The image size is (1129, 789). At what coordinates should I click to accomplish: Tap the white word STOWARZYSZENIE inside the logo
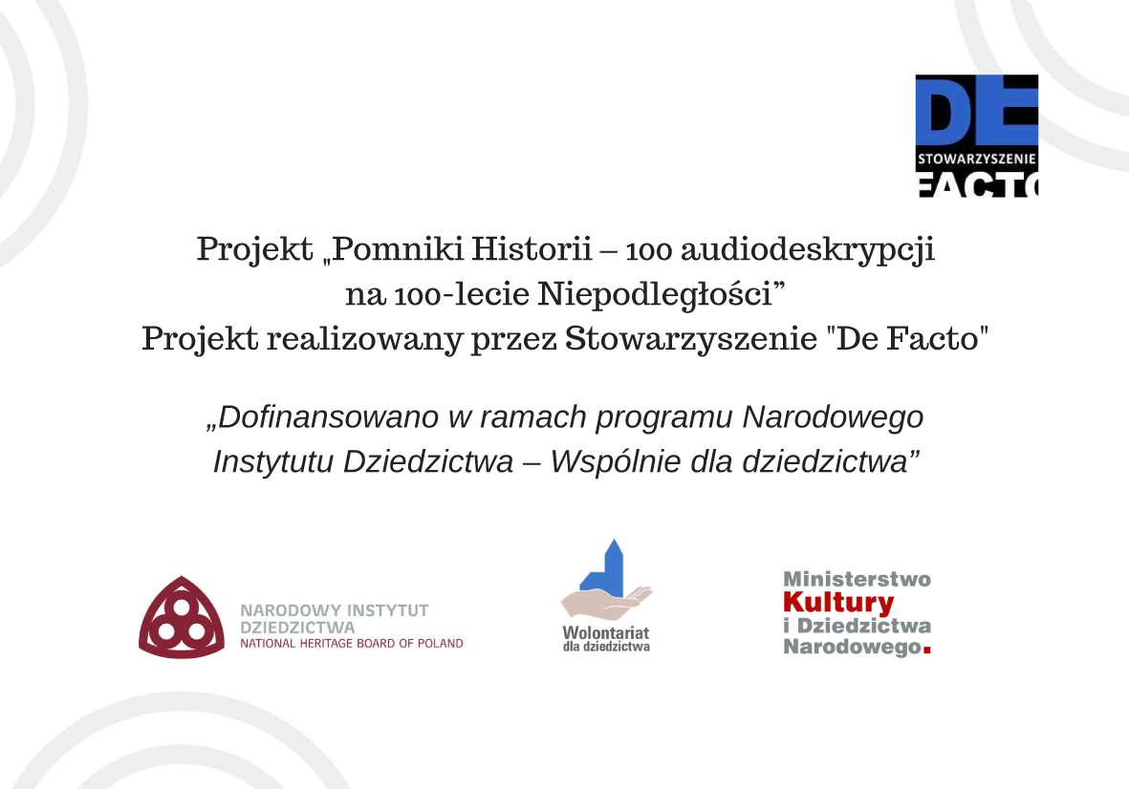point(976,159)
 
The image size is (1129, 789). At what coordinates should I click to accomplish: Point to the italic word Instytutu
point(273,461)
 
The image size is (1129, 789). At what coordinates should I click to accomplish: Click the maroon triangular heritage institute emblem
point(182,618)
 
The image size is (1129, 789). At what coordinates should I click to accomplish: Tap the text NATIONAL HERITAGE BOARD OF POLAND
point(352,644)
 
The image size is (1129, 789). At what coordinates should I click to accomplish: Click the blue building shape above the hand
point(603,567)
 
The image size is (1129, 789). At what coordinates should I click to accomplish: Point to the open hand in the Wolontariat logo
point(606,602)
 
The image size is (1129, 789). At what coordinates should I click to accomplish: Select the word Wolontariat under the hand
point(605,633)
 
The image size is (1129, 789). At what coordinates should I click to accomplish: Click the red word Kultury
point(838,602)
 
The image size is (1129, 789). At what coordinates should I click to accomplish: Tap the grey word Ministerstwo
point(857,579)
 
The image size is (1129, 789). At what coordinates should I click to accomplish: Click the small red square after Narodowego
point(926,650)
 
